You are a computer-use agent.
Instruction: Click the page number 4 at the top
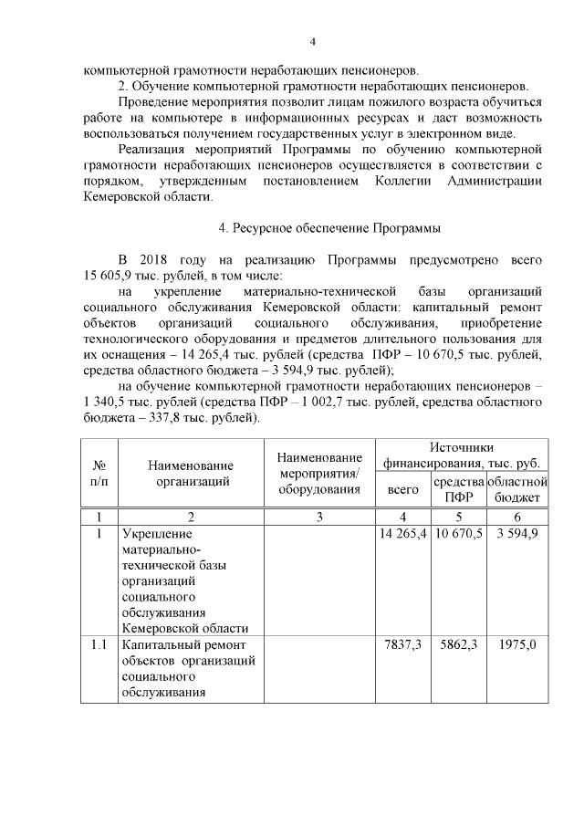click(312, 41)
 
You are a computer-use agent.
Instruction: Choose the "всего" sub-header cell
click(403, 489)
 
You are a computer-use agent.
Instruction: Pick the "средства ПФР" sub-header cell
click(458, 489)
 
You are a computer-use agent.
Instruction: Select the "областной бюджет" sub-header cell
click(517, 489)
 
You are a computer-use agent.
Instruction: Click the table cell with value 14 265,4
click(403, 533)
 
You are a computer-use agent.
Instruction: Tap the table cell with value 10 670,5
click(458, 533)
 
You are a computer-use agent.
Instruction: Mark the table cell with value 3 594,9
click(517, 533)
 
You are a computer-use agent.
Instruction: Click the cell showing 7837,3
click(403, 644)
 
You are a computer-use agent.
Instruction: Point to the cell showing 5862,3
click(458, 644)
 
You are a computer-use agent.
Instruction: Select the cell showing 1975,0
click(517, 644)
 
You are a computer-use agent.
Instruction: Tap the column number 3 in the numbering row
click(319, 517)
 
